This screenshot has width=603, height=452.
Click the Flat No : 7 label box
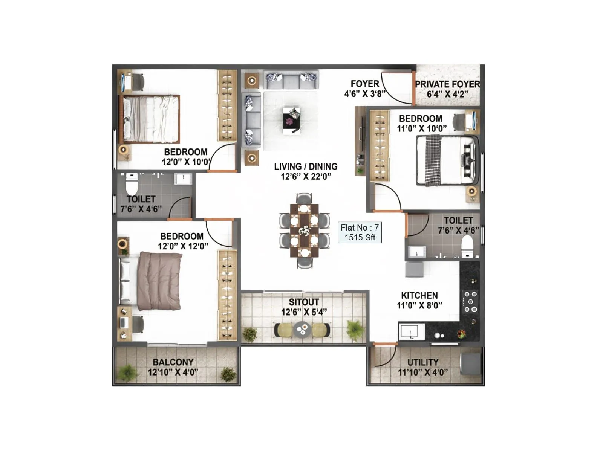360,232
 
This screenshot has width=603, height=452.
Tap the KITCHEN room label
419,296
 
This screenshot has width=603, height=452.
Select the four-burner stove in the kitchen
470,302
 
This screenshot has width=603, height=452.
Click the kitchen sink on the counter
411,332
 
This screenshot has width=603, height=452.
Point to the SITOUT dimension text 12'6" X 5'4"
304,312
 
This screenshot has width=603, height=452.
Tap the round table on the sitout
302,330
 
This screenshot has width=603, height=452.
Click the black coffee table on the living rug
292,120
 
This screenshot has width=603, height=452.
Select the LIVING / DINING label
306,166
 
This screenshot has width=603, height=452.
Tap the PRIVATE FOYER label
447,84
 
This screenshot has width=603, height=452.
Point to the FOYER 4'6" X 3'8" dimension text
364,94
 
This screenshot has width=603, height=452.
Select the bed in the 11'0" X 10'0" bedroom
447,160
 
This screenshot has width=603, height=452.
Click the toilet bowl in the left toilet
132,185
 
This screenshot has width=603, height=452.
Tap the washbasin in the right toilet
417,252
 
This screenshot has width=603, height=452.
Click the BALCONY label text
173,362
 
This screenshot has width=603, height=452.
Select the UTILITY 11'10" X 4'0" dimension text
423,373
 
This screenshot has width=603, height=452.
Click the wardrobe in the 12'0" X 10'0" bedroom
227,105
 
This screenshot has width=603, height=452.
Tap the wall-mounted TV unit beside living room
360,141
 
